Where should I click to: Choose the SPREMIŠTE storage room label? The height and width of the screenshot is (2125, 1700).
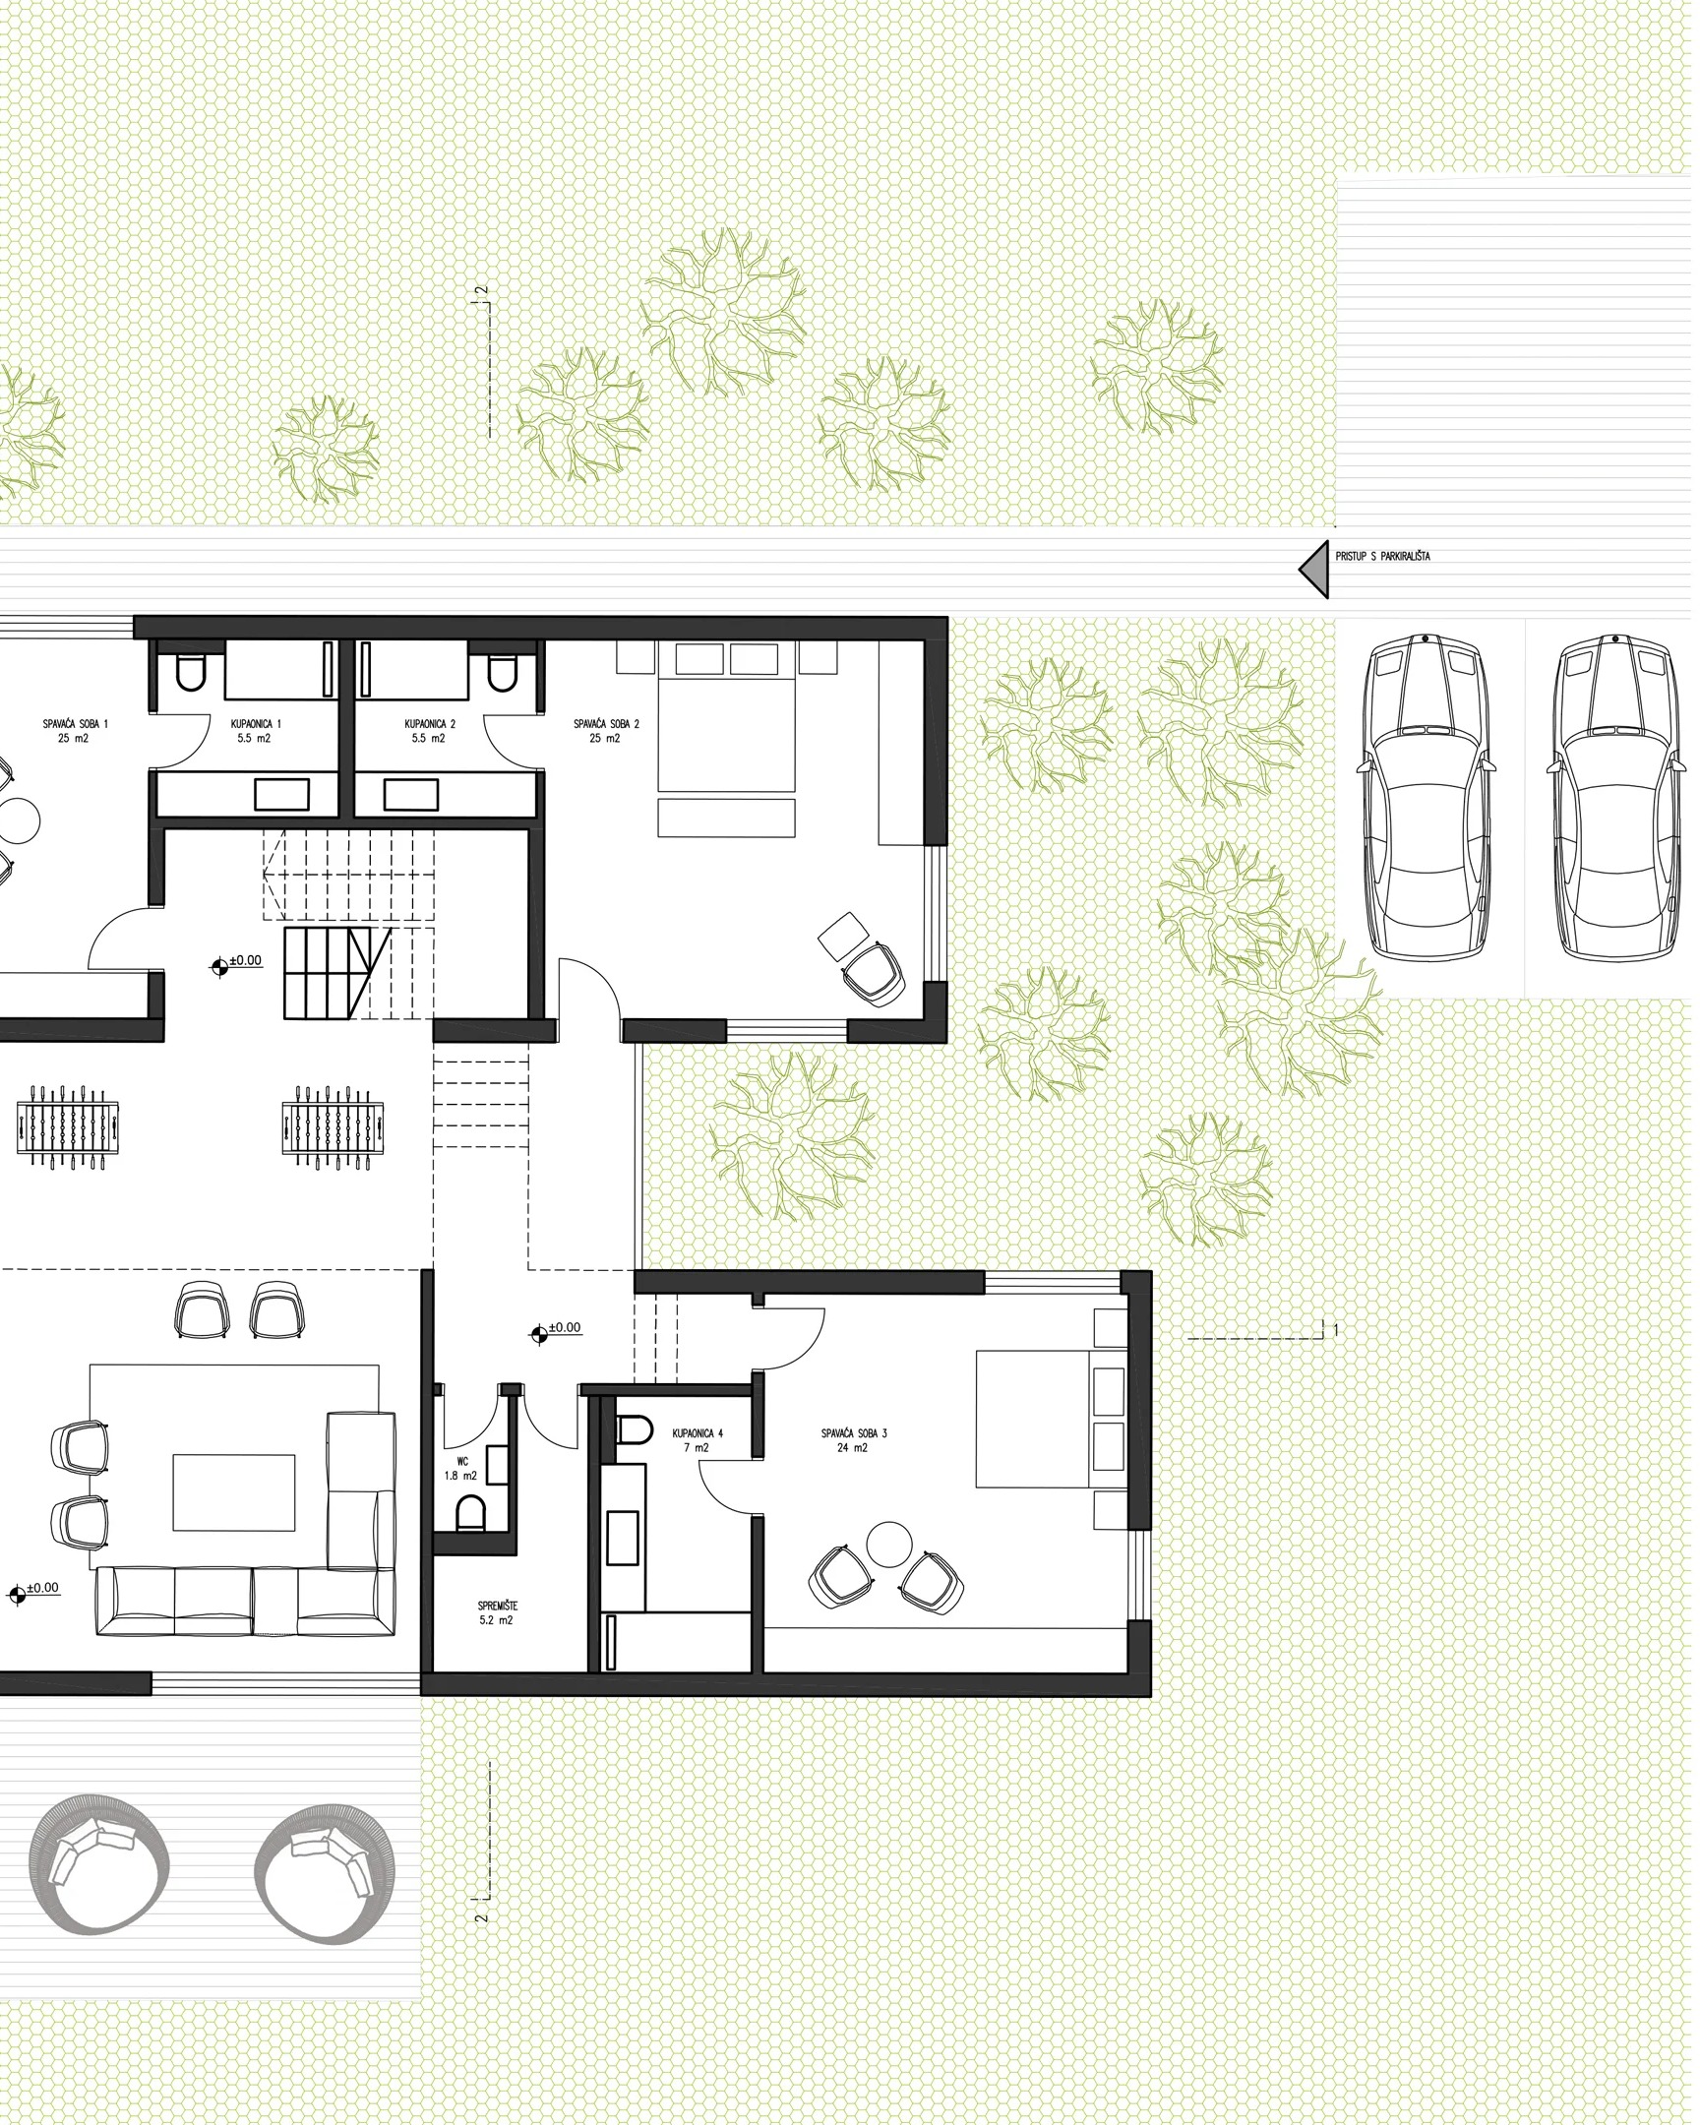tap(499, 1617)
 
